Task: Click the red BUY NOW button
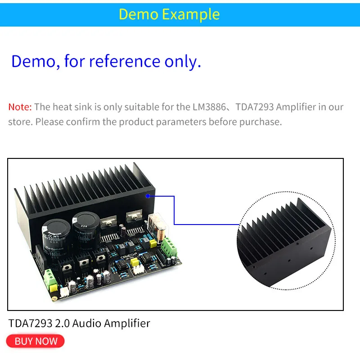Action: click(36, 341)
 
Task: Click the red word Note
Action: click(19, 107)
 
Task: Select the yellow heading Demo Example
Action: click(169, 14)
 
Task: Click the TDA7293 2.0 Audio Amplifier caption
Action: click(79, 323)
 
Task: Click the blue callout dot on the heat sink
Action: click(148, 196)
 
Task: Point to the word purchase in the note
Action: click(261, 122)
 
